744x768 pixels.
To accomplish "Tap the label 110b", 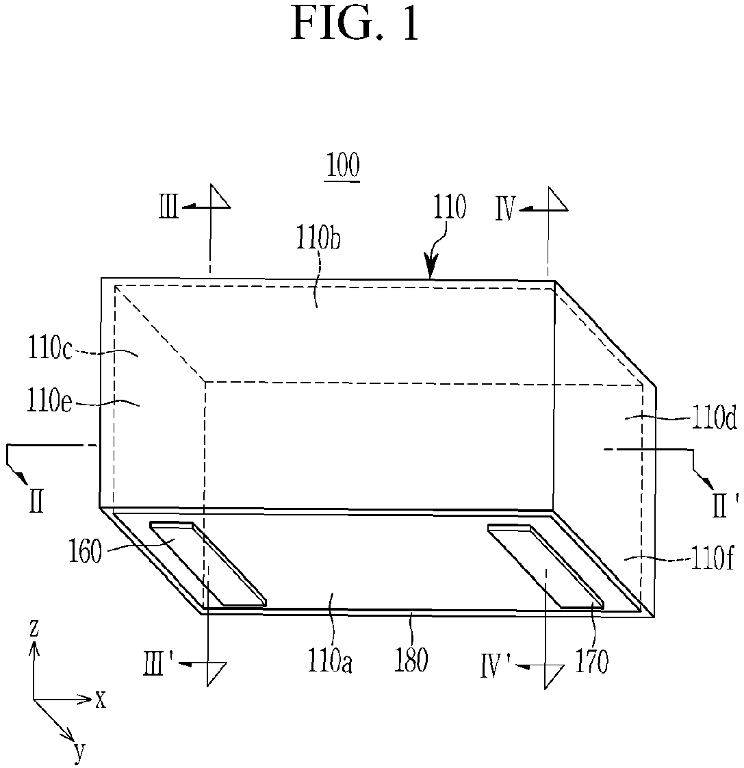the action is [318, 238].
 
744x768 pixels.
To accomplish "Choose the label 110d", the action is [714, 419].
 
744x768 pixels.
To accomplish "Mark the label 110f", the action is [712, 558].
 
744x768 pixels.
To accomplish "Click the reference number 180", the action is [411, 660].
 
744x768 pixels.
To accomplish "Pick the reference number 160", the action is [86, 552].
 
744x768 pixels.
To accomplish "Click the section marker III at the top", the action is [168, 207].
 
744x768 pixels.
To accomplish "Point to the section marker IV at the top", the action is [506, 210].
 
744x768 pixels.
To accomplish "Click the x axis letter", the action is [101, 700].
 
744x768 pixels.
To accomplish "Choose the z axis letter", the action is [34, 628].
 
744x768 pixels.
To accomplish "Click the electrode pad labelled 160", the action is [208, 564].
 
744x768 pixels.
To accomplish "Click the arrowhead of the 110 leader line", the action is [431, 270].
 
